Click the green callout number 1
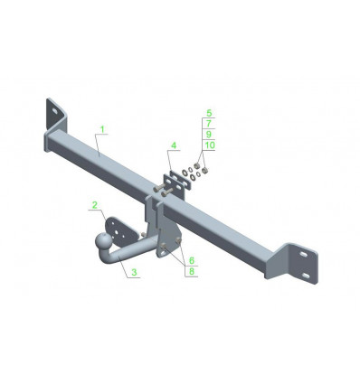pos(102,129)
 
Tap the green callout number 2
pos(95,205)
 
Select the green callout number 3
pos(134,272)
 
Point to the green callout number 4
pos(174,145)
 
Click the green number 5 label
pos(209,113)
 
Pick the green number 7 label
pos(209,124)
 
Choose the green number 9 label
pos(209,135)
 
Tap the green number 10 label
pos(210,145)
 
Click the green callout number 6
pos(192,260)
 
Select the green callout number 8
pos(192,271)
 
